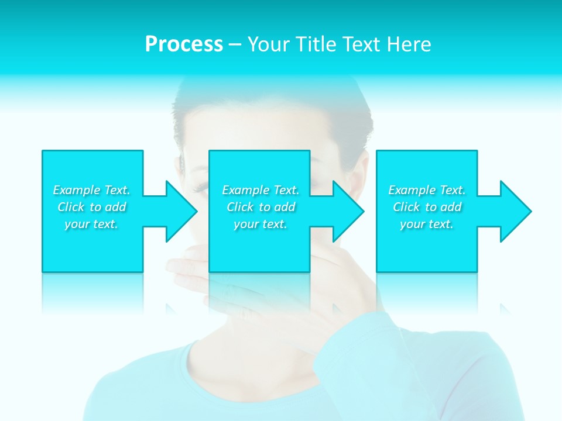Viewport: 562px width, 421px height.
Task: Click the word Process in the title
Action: (184, 44)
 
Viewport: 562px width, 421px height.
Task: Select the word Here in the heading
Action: (409, 44)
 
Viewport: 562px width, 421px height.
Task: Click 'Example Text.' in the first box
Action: (91, 190)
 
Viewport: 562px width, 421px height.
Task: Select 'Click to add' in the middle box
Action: (261, 207)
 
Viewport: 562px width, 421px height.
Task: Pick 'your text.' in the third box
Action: (427, 224)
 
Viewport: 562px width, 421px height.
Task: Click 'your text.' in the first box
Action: (91, 224)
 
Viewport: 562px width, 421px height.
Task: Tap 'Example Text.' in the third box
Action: (427, 190)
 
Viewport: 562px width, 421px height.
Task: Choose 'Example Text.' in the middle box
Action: (261, 190)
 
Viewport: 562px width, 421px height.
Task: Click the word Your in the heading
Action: (267, 44)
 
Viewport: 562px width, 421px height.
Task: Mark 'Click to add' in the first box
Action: (91, 207)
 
